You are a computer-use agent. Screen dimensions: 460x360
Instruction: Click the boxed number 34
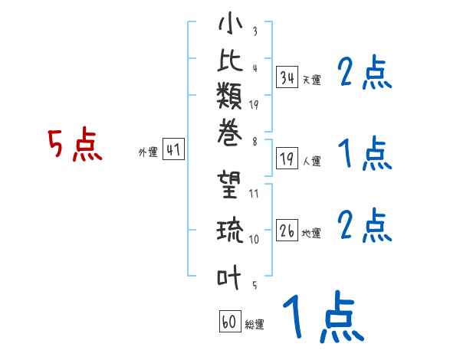pos(287,77)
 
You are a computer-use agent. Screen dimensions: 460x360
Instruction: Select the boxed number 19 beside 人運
pos(287,159)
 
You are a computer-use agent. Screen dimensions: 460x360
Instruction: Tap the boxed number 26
pos(287,230)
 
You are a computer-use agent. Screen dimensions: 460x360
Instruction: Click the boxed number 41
pos(173,150)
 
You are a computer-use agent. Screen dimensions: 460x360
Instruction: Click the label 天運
pos(311,80)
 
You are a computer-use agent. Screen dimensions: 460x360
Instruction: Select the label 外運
pos(148,152)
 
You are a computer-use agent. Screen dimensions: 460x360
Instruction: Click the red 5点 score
pos(74,145)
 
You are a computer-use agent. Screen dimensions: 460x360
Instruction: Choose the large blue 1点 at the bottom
pos(322,316)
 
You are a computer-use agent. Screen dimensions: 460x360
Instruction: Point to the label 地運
pos(311,233)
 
